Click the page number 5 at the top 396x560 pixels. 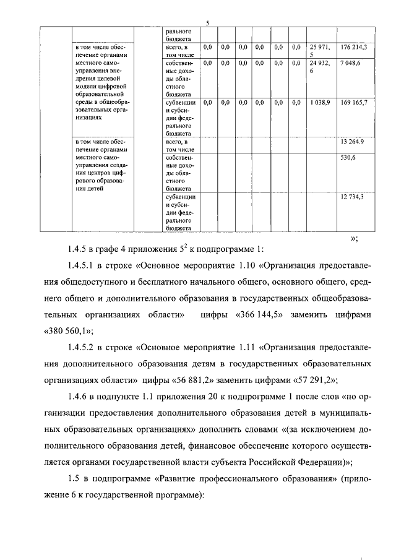(x=207, y=24)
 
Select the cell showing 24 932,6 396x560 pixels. (x=320, y=67)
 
